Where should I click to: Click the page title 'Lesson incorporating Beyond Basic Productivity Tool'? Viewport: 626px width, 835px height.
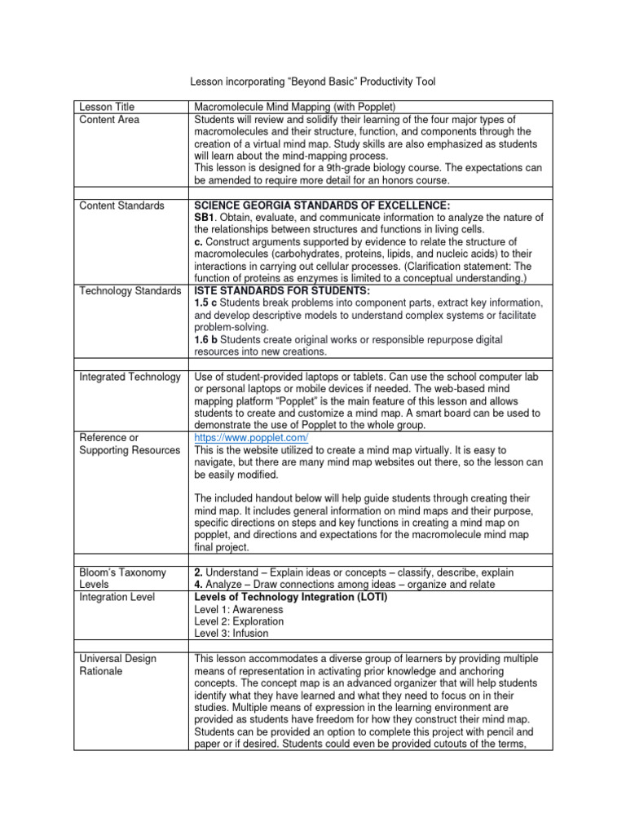(x=313, y=82)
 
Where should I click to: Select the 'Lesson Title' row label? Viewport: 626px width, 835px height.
(x=107, y=107)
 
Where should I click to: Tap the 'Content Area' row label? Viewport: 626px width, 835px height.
(x=109, y=120)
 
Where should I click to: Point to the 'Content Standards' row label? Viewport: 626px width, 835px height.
(x=121, y=205)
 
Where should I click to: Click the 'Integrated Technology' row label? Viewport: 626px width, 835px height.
(x=130, y=377)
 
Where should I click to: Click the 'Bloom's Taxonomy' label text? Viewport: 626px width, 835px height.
(x=122, y=572)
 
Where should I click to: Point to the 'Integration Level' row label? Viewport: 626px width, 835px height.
(x=117, y=597)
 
